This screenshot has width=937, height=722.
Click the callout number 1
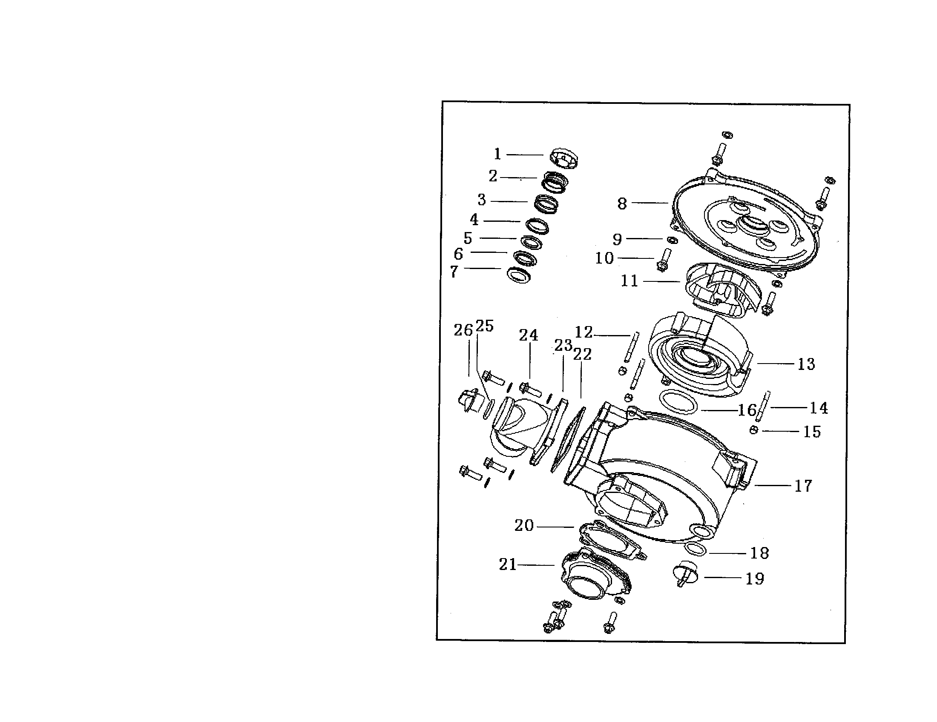tap(497, 154)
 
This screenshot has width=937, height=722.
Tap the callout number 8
tap(622, 203)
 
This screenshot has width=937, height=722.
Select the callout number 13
tap(806, 364)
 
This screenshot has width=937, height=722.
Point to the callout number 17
tap(803, 486)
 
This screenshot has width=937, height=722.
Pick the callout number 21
tap(508, 564)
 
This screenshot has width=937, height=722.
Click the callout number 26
tap(463, 330)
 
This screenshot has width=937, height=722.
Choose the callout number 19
tap(755, 579)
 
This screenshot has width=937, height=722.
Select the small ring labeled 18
tap(696, 548)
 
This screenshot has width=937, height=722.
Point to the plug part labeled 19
tap(685, 573)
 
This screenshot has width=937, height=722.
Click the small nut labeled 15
tap(754, 430)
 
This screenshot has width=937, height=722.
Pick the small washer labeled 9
tap(672, 239)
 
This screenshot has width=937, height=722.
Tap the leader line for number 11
tap(661, 281)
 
